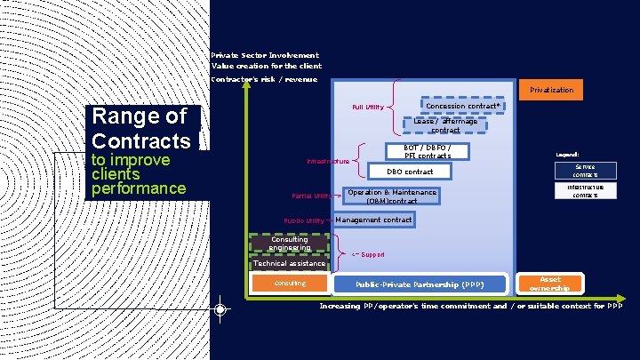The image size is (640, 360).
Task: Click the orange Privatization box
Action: tap(551, 90)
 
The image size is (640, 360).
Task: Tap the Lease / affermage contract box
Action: tap(444, 125)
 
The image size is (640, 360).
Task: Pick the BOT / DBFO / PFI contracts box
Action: tap(428, 151)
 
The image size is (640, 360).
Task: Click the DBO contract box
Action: tap(410, 172)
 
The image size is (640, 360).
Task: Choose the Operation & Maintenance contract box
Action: tap(391, 196)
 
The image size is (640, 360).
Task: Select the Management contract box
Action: tap(373, 220)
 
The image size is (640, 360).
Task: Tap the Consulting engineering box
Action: tap(290, 243)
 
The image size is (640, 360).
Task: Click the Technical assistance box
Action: tap(290, 263)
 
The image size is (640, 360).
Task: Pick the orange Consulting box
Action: tap(290, 284)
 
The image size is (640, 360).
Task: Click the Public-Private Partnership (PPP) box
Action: tap(420, 284)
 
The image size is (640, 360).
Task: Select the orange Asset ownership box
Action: tap(550, 284)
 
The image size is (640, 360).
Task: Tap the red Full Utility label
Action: tap(368, 108)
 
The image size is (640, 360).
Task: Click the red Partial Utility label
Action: tap(312, 196)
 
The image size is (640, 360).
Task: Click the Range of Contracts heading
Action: tap(141, 128)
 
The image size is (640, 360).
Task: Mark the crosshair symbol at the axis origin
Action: tap(220, 309)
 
